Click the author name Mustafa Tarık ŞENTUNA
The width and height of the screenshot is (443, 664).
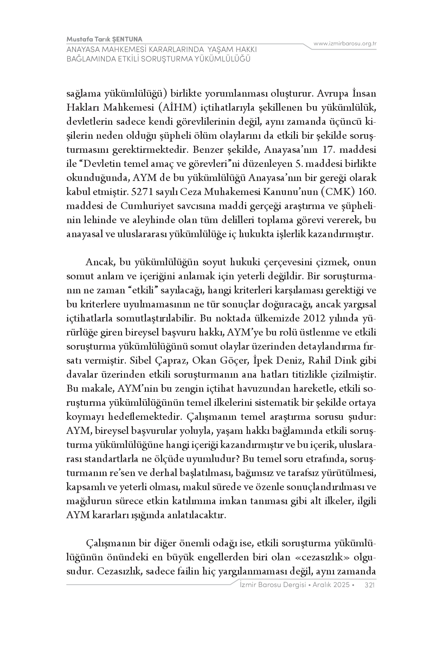(x=104, y=39)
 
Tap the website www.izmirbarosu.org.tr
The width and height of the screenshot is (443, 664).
(x=345, y=44)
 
